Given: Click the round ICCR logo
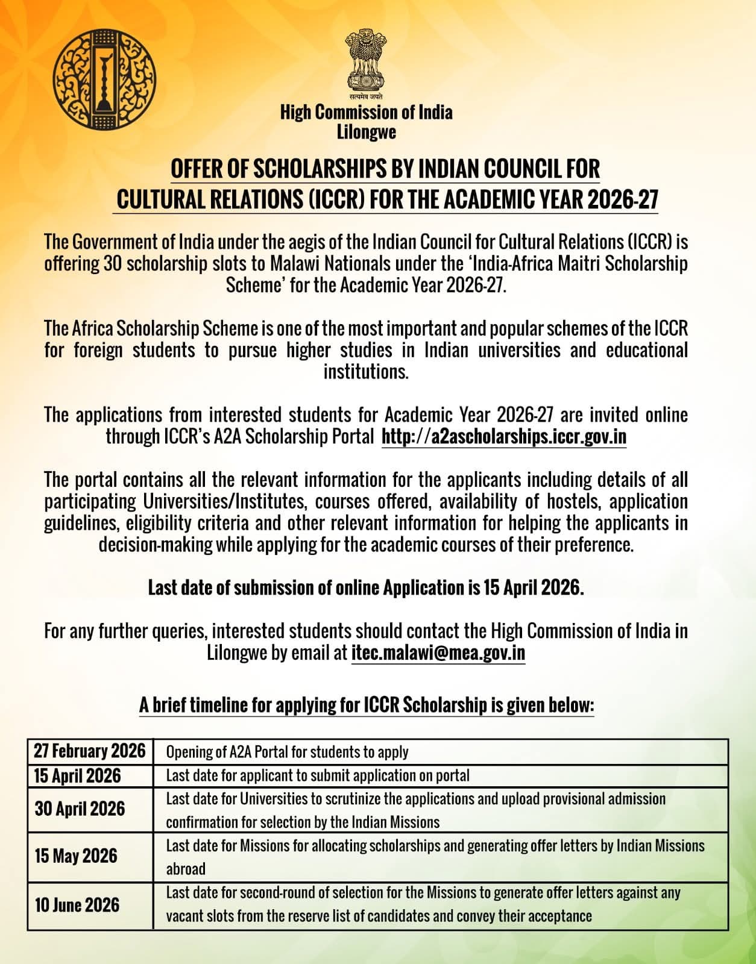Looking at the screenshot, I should [104, 80].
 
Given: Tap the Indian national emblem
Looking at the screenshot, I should [366, 61].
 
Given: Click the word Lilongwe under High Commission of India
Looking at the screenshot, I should [366, 132].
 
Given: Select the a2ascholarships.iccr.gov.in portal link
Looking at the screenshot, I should [504, 436].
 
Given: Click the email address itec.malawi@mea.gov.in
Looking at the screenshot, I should [438, 653].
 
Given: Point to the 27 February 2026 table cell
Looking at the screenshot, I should [90, 751].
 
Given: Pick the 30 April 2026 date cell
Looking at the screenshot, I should [80, 809].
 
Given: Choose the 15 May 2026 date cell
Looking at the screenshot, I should [76, 856].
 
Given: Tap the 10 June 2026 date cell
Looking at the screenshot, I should [77, 904].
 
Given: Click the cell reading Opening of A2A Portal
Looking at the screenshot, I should [287, 752].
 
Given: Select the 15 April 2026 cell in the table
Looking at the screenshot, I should [77, 775].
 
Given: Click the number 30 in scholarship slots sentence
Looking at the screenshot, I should [113, 263].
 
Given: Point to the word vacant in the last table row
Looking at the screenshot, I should [184, 916].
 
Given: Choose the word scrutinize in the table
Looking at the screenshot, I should [346, 799].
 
